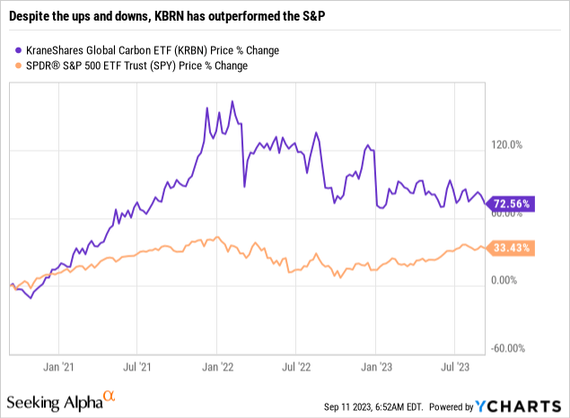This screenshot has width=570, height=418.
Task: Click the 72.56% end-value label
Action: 512,204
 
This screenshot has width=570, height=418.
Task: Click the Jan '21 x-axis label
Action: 58,366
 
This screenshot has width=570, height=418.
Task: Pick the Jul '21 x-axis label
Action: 136,366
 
